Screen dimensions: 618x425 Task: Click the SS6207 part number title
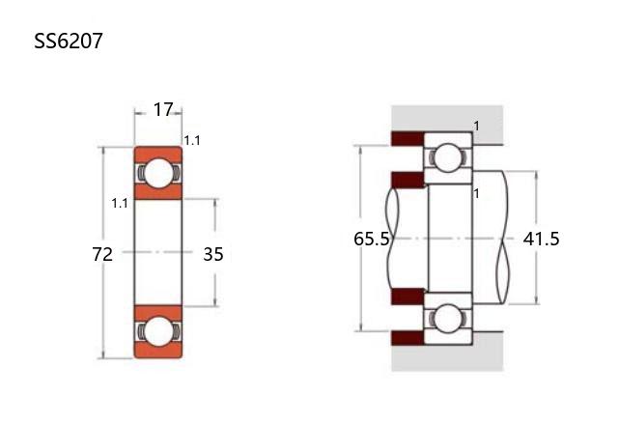pyautogui.click(x=69, y=41)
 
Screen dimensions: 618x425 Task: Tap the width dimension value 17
pyautogui.click(x=163, y=109)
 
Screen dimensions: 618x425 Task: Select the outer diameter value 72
pyautogui.click(x=102, y=254)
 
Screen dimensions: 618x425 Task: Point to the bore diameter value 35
pyautogui.click(x=213, y=254)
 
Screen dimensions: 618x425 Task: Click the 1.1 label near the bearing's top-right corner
pyautogui.click(x=192, y=140)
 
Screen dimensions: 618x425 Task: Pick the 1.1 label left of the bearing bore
pyautogui.click(x=120, y=204)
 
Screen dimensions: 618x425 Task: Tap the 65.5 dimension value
pyautogui.click(x=371, y=239)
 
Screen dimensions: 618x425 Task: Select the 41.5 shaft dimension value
pyautogui.click(x=541, y=239)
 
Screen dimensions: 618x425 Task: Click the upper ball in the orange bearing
pyautogui.click(x=158, y=173)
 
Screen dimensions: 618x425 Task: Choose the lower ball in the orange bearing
pyautogui.click(x=158, y=332)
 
